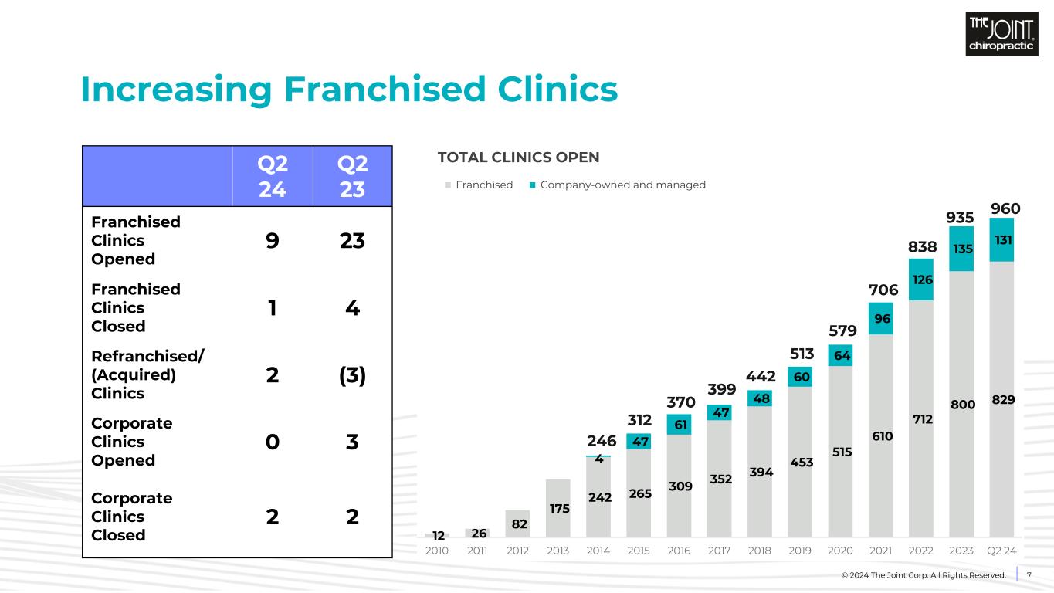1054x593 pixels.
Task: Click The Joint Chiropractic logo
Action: tap(1001, 35)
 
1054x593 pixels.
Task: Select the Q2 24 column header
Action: tap(273, 176)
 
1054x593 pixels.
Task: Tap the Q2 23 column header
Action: tap(352, 176)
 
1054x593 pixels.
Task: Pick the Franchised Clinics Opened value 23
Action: tap(352, 241)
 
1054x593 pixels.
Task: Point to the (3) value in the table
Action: tap(352, 374)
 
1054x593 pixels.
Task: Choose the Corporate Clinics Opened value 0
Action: tap(273, 442)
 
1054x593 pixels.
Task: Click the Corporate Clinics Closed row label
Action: tap(131, 517)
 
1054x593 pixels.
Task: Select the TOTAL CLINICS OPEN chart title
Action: tap(518, 158)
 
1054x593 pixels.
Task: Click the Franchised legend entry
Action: tap(479, 185)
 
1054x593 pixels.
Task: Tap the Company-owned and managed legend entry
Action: tap(617, 185)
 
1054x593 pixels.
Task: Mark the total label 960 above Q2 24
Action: tap(1005, 208)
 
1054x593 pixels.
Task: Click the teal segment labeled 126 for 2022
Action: tap(921, 280)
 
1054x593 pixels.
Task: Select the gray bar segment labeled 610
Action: tap(881, 435)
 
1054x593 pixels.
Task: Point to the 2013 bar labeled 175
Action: tap(558, 508)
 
